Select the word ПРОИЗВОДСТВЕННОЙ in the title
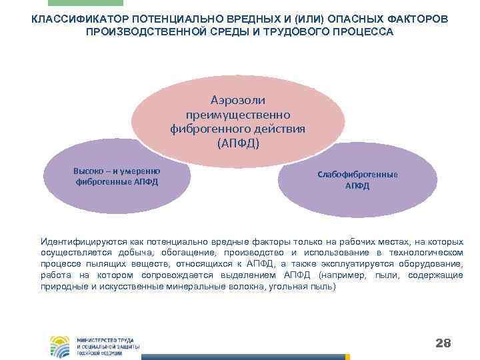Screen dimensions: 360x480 coord(145,32)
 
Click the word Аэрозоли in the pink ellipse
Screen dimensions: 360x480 coord(238,100)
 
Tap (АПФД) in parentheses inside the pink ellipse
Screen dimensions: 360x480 coord(238,143)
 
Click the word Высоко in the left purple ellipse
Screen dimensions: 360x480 coord(87,171)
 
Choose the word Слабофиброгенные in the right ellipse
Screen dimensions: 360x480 coord(357,175)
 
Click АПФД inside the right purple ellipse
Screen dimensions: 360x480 coord(357,186)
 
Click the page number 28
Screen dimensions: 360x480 coord(443,343)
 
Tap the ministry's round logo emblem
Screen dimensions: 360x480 coord(59,346)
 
